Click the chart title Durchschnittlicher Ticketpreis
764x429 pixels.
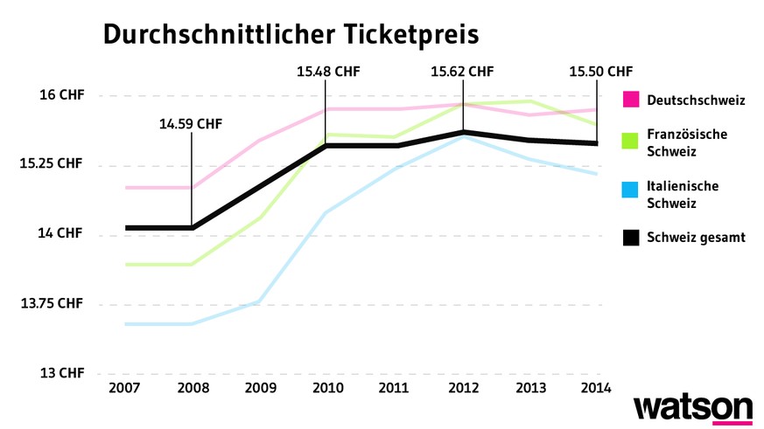pyautogui.click(x=291, y=34)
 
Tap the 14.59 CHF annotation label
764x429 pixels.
pyautogui.click(x=191, y=124)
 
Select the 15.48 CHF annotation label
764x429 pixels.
pyautogui.click(x=328, y=72)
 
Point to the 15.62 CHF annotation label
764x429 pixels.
pyautogui.click(x=462, y=72)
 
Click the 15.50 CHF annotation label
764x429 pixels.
pyautogui.click(x=599, y=72)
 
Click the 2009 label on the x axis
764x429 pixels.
pyautogui.click(x=259, y=388)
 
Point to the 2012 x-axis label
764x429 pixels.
pyautogui.click(x=462, y=388)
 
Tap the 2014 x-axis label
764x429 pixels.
pyautogui.click(x=596, y=388)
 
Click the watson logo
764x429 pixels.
pyautogui.click(x=692, y=410)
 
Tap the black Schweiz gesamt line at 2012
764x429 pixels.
pyautogui.click(x=462, y=132)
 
